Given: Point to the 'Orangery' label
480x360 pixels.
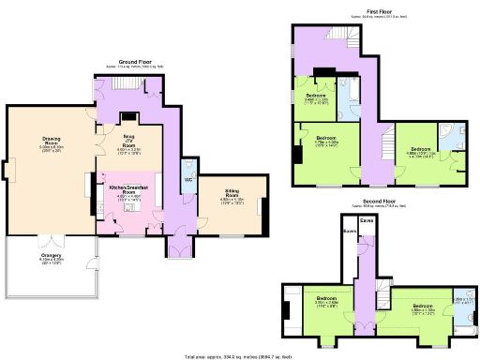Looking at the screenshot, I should click(x=51, y=256).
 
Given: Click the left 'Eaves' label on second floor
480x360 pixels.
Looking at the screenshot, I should click(x=349, y=230).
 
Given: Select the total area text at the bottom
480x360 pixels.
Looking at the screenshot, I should click(x=240, y=356).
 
